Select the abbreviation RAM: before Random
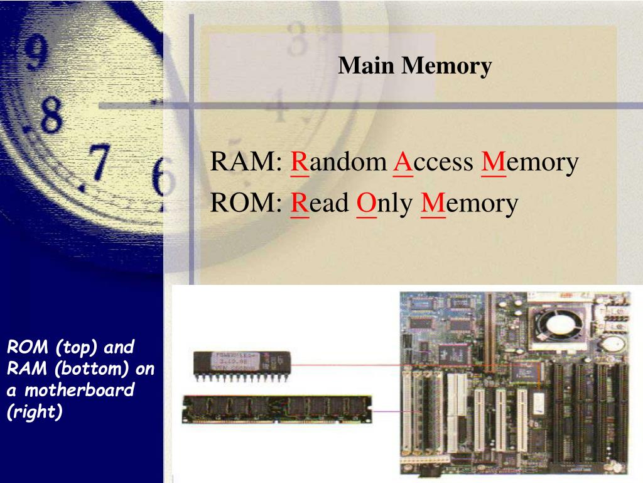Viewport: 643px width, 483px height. click(246, 162)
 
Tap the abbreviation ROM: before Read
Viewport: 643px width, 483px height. click(247, 203)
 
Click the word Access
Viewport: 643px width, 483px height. click(434, 162)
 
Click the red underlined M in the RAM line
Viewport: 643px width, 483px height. click(494, 162)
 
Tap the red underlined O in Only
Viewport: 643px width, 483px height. click(365, 203)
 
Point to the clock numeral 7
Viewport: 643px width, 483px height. click(99, 162)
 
